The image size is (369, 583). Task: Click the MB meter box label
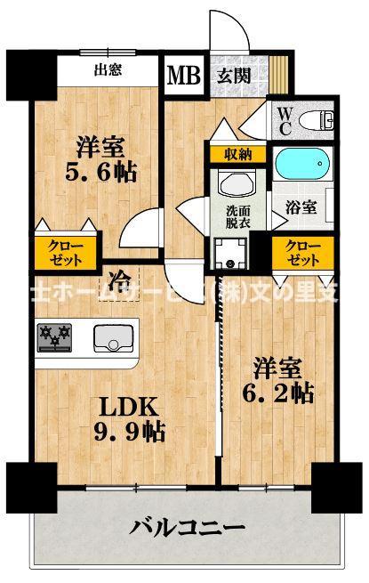click(x=184, y=76)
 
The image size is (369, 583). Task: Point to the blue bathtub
click(x=302, y=165)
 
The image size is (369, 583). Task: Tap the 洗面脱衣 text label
click(x=237, y=218)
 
